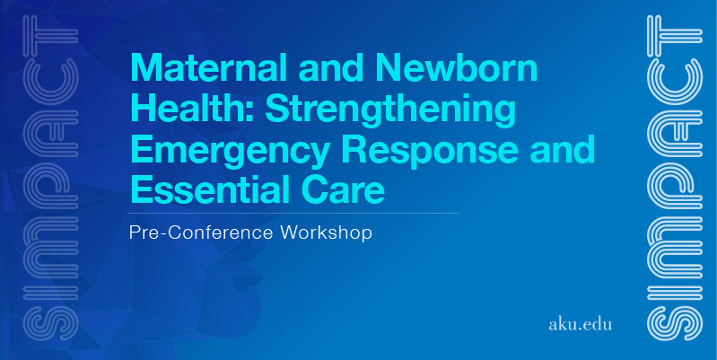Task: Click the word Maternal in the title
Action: coord(209,67)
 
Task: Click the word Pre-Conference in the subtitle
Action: coord(201,233)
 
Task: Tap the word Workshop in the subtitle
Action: coord(327,233)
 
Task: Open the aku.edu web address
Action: coord(580,324)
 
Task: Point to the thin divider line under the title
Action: coord(294,213)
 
